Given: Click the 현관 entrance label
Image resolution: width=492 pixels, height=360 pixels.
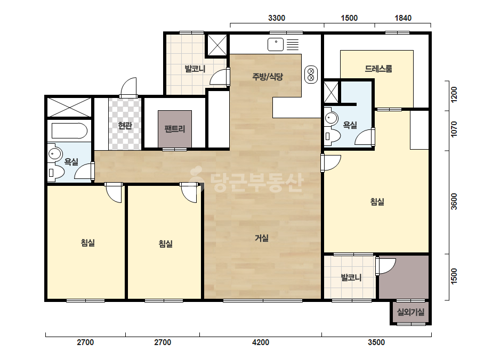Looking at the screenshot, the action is pos(125,126).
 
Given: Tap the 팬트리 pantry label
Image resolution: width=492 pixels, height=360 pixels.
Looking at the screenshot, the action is pos(175,129).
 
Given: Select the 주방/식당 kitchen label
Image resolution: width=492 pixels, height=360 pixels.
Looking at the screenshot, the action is pos(268,76).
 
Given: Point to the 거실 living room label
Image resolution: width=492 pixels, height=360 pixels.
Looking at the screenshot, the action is pos(261,238).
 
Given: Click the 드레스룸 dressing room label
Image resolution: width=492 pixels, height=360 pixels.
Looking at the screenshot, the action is pos(378,68).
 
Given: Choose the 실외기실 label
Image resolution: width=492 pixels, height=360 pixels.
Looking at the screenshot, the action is pos(411,312).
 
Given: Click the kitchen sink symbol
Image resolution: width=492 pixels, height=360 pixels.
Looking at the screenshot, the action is pos(276,45).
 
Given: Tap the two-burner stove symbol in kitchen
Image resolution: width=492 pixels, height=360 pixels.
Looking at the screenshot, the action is pos(311,75).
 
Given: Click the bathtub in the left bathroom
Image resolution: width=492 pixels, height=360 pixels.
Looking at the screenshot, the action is pos(69,131).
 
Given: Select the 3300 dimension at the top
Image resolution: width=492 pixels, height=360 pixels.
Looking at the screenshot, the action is pos(277,18).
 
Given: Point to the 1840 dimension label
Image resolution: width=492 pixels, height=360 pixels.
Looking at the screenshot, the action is pos(403,18).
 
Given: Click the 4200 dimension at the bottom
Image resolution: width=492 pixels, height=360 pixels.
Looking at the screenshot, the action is pos(261,342).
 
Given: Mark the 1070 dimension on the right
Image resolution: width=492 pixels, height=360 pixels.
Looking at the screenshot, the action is pos(454,129).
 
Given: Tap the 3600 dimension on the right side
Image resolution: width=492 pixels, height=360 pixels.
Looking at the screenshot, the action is pos(454,201).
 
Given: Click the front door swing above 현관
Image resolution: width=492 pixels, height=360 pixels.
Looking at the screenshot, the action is pos(129,87).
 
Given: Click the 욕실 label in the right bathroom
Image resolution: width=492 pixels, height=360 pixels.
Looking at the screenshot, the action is pos(350,125).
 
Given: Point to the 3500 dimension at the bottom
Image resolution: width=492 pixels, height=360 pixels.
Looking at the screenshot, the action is pos(376,342).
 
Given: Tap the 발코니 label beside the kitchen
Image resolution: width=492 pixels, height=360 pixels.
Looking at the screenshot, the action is pos(195,69).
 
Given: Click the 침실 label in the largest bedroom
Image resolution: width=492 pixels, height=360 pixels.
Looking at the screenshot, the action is pos(377,202).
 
